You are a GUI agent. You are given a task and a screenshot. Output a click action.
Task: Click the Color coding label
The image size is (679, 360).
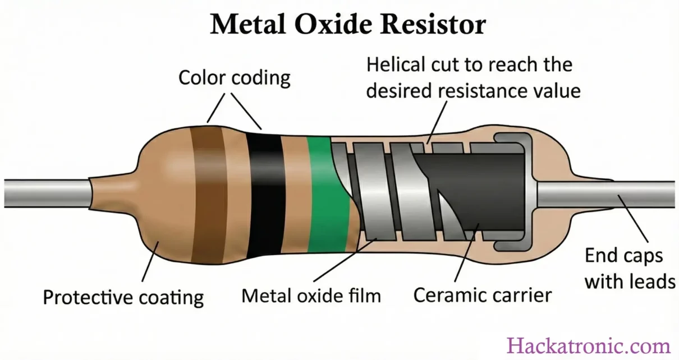pyautogui.click(x=235, y=77)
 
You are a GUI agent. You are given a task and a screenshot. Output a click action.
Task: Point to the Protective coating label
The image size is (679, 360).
pyautogui.click(x=123, y=297)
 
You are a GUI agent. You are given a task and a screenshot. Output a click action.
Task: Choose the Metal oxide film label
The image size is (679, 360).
pyautogui.click(x=311, y=295)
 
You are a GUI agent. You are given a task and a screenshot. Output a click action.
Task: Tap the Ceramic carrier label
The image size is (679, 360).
pyautogui.click(x=483, y=294)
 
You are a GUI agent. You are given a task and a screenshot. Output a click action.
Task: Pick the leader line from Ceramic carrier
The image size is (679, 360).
pyautogui.click(x=466, y=252)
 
